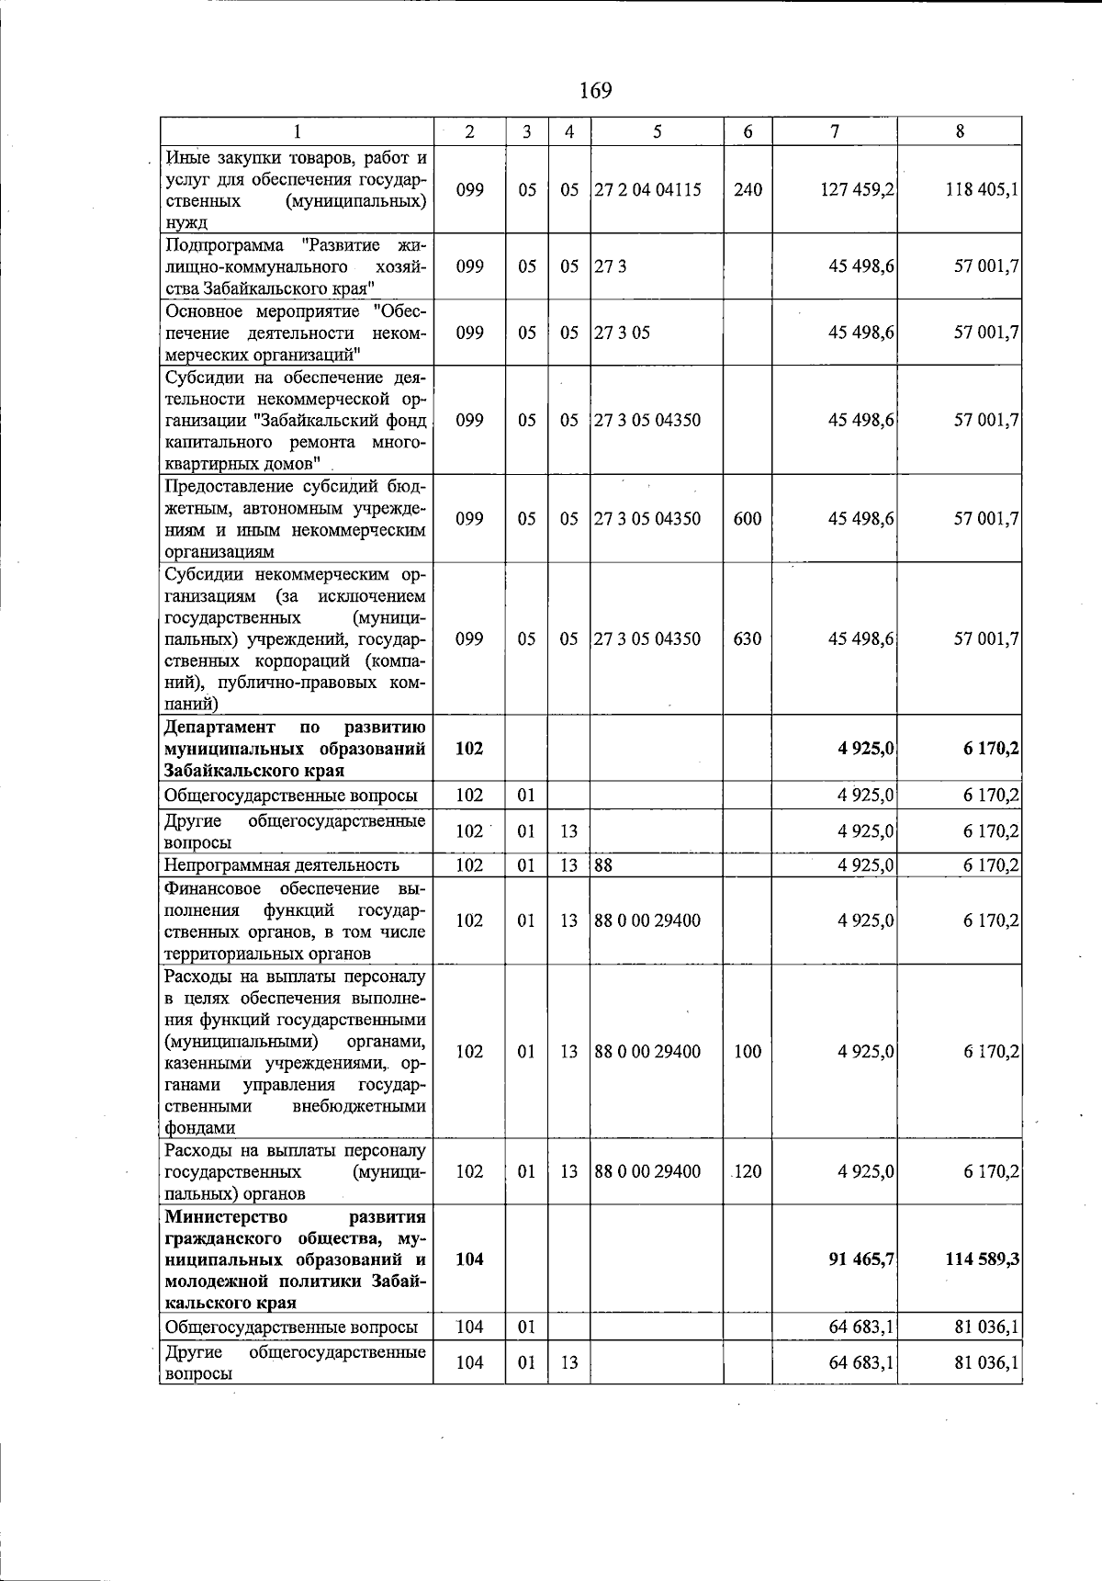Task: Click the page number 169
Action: click(595, 90)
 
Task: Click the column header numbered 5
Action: click(657, 131)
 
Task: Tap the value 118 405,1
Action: click(982, 190)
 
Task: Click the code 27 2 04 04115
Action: click(647, 190)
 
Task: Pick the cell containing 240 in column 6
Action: click(748, 190)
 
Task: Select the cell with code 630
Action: click(748, 638)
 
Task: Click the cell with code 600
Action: click(748, 518)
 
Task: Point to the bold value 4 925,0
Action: click(865, 749)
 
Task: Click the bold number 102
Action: click(469, 749)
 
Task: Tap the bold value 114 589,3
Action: click(982, 1259)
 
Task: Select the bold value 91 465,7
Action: click(861, 1259)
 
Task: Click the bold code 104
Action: click(469, 1259)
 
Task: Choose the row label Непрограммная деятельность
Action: click(282, 864)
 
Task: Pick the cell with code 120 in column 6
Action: click(748, 1171)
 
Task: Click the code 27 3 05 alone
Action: click(622, 333)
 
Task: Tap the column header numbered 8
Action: click(960, 131)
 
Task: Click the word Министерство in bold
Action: click(226, 1217)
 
